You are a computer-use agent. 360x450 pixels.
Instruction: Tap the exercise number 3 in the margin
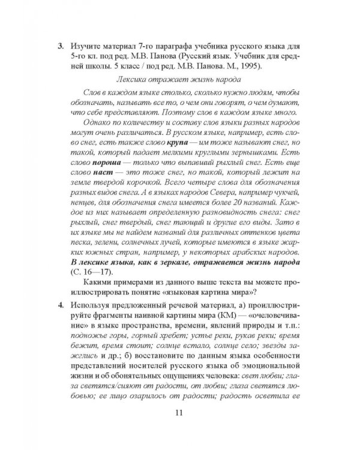[59, 46]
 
